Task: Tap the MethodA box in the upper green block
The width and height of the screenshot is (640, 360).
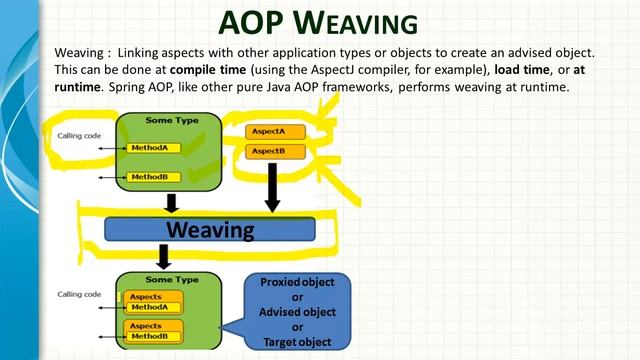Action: point(155,148)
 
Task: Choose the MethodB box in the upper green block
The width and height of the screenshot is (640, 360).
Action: point(155,177)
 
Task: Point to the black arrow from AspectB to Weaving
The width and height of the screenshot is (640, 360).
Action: point(270,187)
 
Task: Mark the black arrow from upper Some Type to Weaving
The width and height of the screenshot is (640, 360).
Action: point(171,203)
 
